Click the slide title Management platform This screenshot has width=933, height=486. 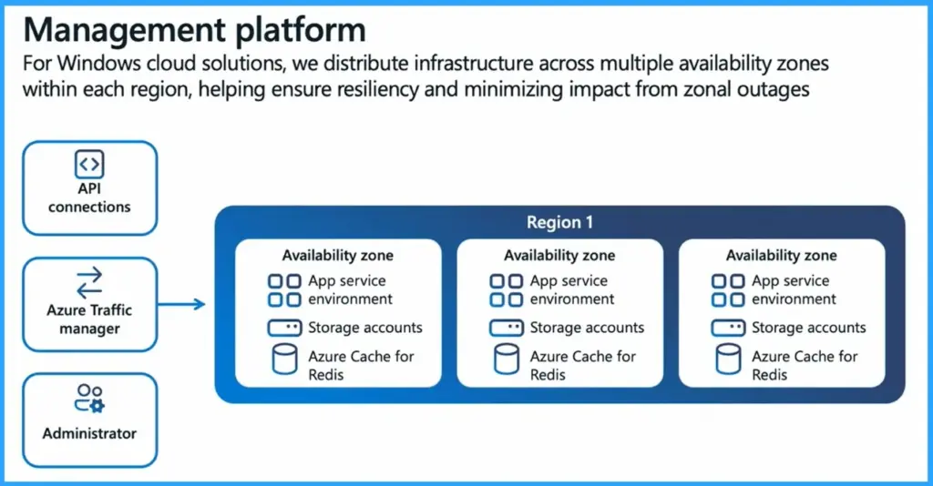pos(194,29)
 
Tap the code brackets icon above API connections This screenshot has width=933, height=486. pos(89,165)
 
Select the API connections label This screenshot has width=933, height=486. pos(89,197)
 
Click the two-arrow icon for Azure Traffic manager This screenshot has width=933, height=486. pos(89,283)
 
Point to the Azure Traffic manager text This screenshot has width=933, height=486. pos(89,319)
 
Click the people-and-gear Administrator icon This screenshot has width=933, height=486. pos(89,399)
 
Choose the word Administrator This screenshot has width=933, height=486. pos(89,433)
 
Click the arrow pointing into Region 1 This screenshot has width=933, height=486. pos(187,303)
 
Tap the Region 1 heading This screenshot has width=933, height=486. pos(559,223)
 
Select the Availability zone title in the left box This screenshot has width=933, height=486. pos(337,256)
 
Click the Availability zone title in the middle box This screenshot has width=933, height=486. pos(559,256)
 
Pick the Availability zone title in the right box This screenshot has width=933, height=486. pos(781,256)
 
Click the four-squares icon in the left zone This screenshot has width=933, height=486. pos(284,290)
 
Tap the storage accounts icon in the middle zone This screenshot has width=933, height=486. pos(506,328)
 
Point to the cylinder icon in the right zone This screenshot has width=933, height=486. pos(728,359)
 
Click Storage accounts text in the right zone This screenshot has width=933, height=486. pos(808,328)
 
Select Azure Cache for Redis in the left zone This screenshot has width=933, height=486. pos(361,365)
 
